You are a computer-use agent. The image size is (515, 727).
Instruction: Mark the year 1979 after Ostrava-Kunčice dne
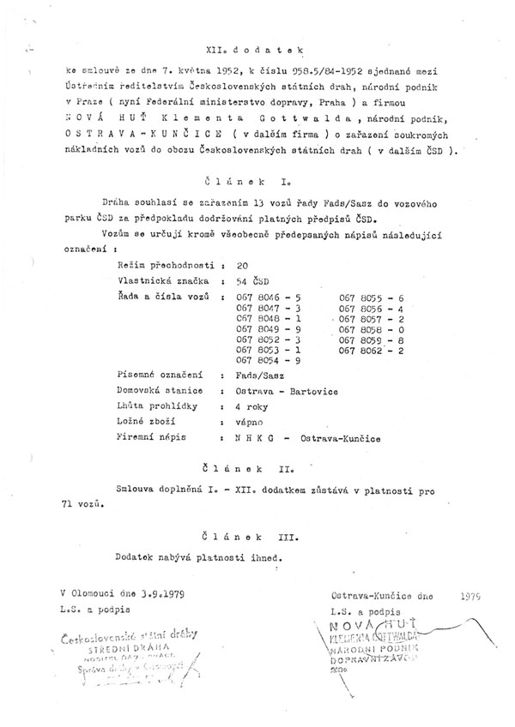pos(471,593)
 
